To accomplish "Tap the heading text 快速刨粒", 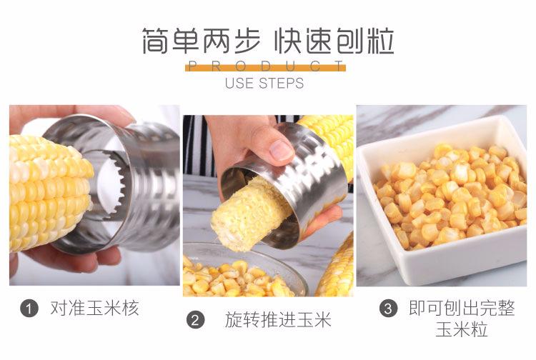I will (x=334, y=42).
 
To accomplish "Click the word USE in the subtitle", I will (x=240, y=84).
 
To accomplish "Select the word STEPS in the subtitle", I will (x=281, y=84).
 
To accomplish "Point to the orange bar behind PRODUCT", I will (x=265, y=67).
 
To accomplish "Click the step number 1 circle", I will (x=29, y=309).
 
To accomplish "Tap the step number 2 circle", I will (x=195, y=319).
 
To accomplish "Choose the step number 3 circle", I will (x=387, y=309).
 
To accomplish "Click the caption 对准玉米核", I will (x=94, y=309).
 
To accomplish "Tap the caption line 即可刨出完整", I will (x=461, y=309).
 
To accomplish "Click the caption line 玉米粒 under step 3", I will (x=461, y=331).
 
